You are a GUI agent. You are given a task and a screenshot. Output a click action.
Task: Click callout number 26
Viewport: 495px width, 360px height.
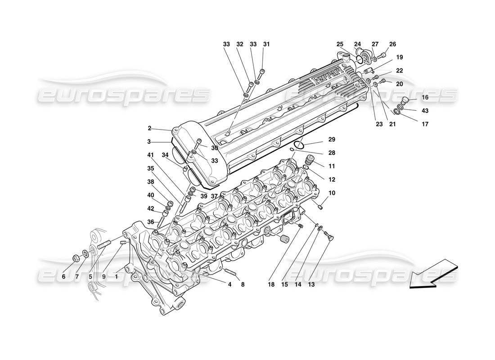coord(392,44)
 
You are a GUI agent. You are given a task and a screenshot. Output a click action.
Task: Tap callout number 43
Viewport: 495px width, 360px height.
coord(425,111)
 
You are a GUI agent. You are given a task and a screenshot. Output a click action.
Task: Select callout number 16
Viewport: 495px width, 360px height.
coord(425,98)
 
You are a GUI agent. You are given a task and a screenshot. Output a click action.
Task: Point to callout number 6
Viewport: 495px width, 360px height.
coord(63,277)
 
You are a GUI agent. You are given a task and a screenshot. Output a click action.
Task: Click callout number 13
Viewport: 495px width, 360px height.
coord(311,284)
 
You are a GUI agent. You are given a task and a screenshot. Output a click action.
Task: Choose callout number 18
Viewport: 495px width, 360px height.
coord(271,284)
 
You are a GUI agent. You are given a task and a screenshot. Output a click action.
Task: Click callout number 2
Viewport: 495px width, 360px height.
coord(149,128)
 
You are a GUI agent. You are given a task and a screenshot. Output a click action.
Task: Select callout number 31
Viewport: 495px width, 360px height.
coord(266,44)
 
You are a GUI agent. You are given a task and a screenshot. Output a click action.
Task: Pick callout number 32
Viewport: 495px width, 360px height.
coord(240,44)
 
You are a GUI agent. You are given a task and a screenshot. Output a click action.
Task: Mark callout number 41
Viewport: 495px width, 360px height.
coord(149,155)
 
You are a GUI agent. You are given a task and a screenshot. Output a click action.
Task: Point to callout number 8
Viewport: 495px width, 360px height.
coord(243,284)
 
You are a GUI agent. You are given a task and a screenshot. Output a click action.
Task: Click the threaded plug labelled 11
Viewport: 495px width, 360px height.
coord(309,160)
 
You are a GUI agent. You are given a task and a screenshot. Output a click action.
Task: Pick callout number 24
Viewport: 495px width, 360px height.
coord(357,44)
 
